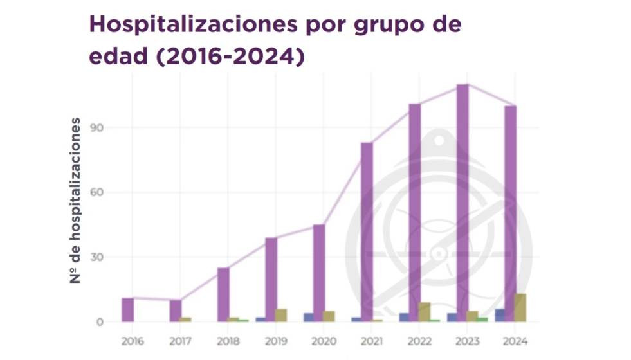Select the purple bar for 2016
(x=127, y=310)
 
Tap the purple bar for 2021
(x=367, y=231)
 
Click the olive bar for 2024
(x=520, y=307)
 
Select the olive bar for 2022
(x=425, y=312)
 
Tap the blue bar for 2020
(x=309, y=317)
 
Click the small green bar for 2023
(x=482, y=319)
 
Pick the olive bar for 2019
(x=281, y=315)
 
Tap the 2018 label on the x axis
(x=228, y=341)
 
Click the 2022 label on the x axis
(x=419, y=341)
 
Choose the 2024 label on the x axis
(x=515, y=341)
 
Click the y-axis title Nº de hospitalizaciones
(x=76, y=201)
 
